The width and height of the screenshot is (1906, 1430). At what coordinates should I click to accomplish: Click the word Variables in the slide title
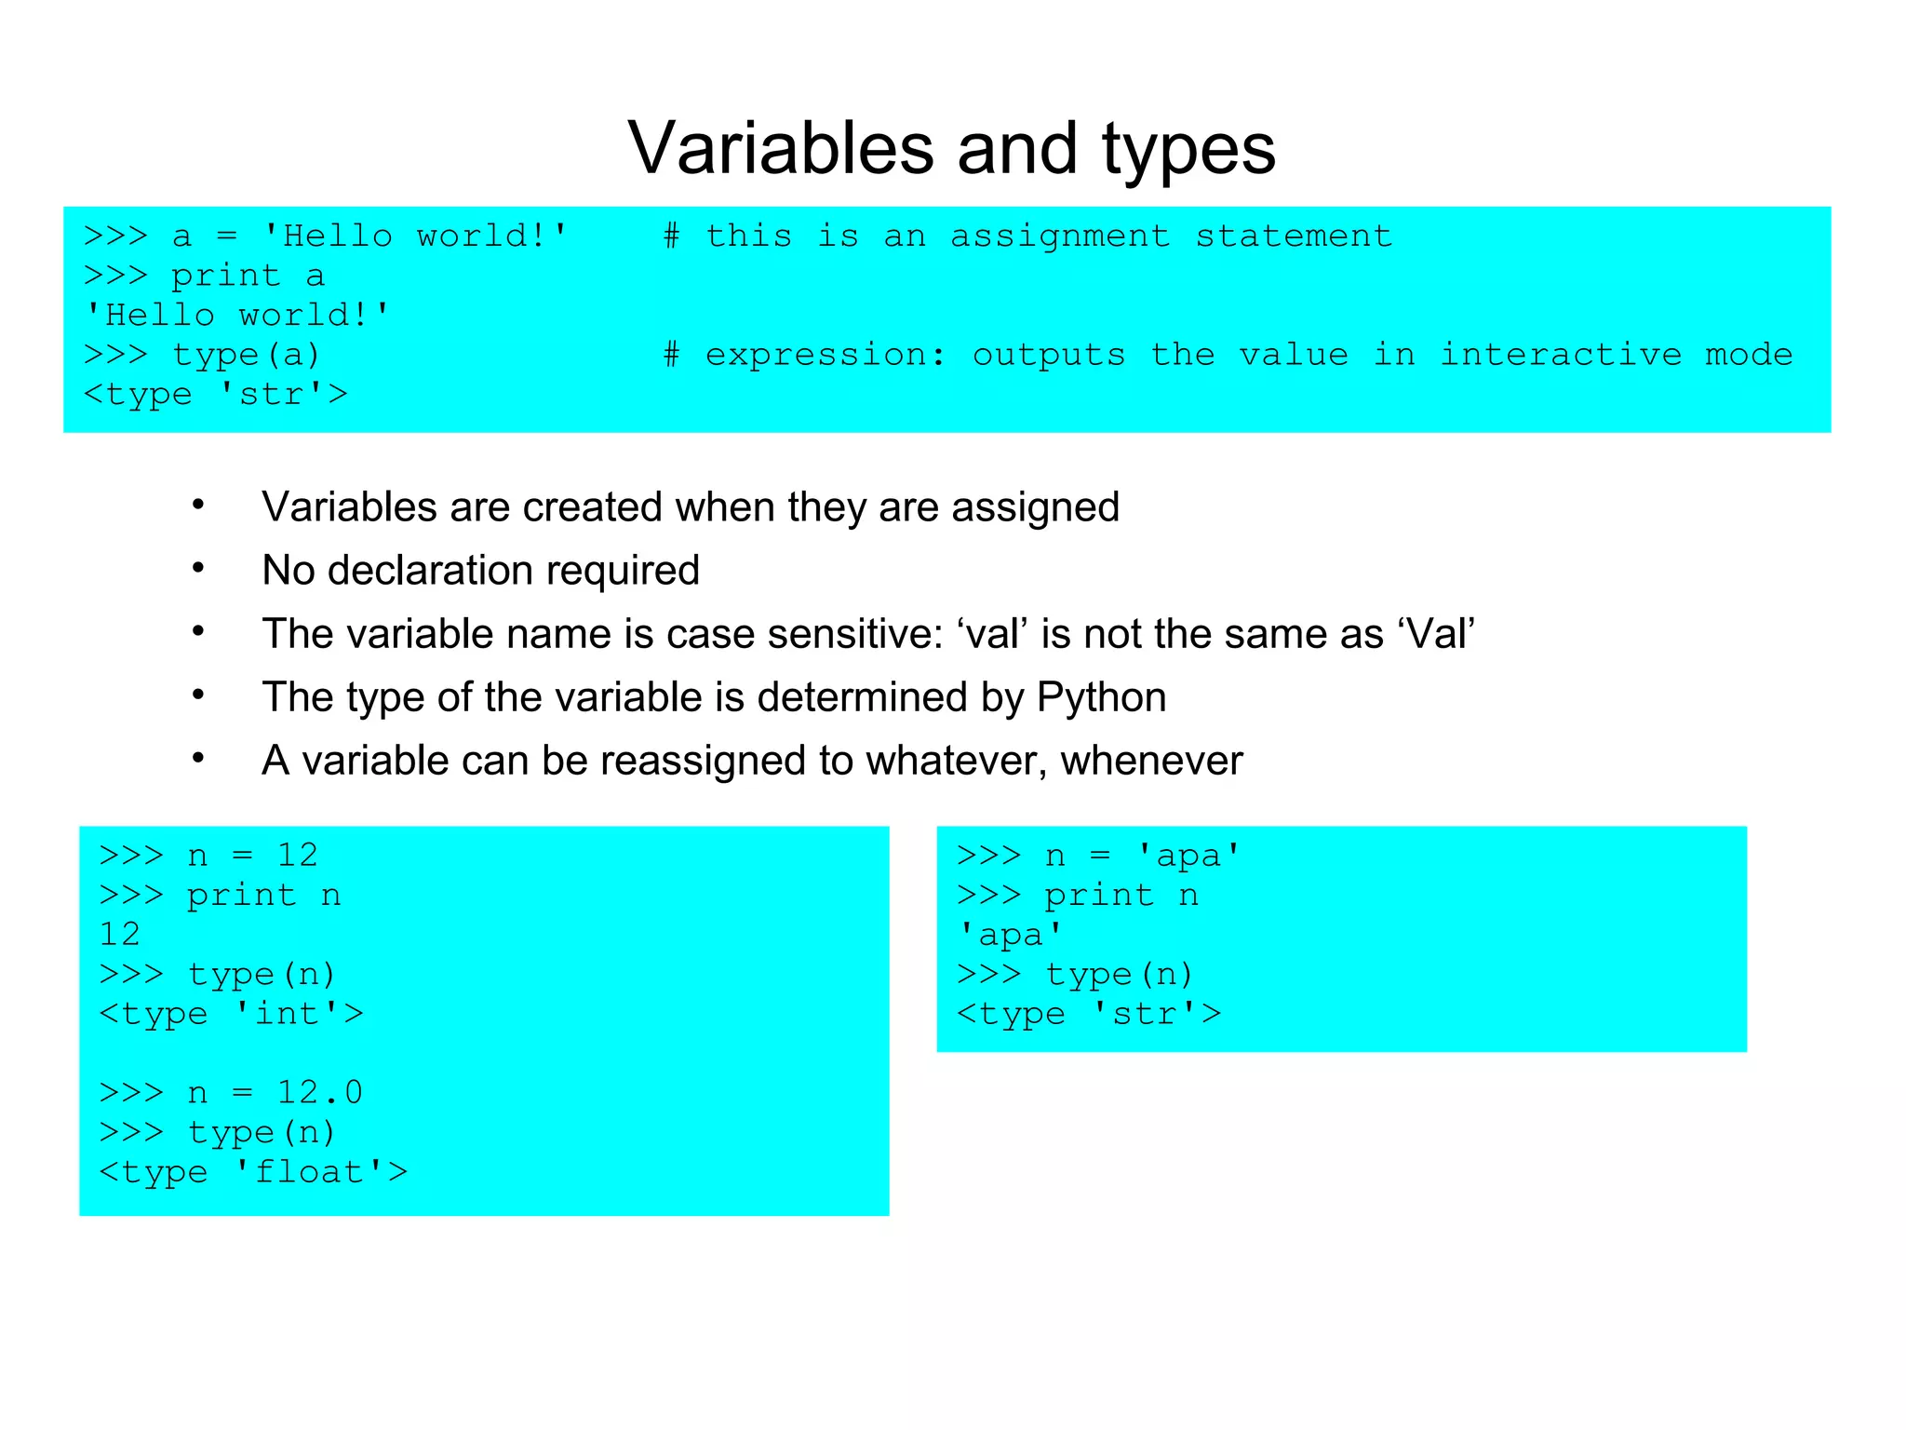coord(780,149)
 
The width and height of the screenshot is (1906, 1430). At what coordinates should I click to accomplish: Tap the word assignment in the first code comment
coord(1060,236)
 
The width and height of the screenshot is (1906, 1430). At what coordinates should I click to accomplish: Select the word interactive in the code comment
coord(1561,355)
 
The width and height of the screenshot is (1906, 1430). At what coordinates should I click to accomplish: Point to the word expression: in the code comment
coord(825,356)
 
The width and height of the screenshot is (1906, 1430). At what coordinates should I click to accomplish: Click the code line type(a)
coord(246,355)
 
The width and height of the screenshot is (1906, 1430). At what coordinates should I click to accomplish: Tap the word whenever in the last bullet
coord(1151,761)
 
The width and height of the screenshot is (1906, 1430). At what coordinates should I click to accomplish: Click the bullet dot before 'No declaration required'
coord(198,568)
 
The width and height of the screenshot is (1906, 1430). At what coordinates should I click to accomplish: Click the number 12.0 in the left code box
coord(320,1092)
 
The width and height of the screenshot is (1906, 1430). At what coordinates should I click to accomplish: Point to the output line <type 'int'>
coord(231,1014)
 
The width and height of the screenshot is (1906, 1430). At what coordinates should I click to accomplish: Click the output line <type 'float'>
coord(253,1172)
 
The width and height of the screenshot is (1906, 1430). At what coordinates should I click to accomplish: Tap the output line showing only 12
coord(120,934)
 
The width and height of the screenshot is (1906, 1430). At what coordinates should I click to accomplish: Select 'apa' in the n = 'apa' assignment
coord(1188,856)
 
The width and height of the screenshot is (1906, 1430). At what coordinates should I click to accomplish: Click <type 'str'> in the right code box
coord(1089,1014)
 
